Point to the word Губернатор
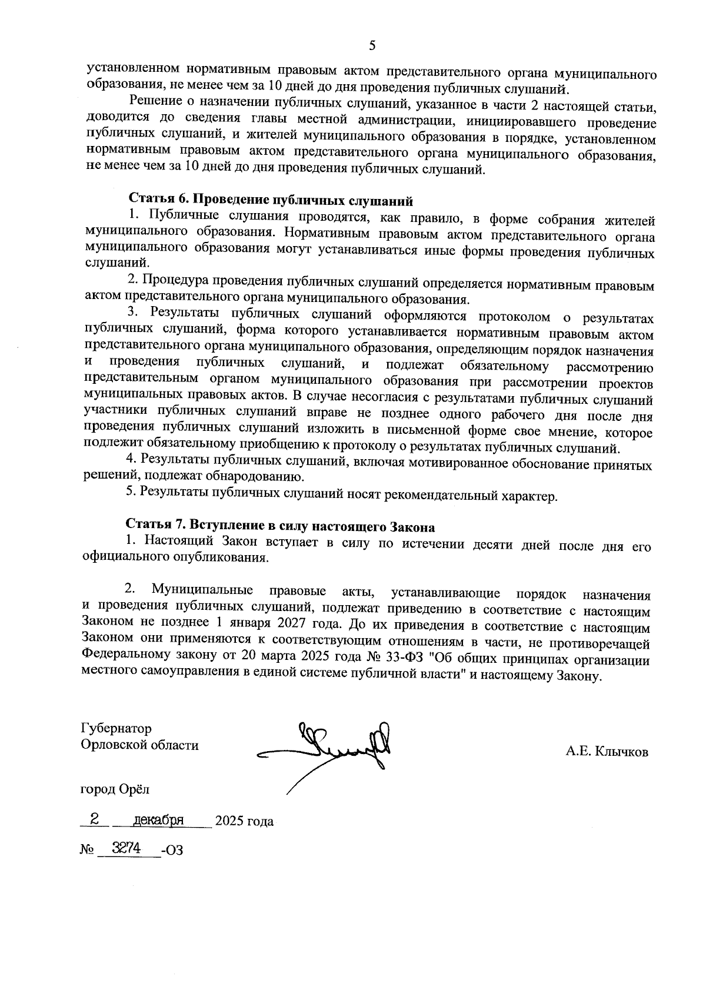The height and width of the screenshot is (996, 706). [x=116, y=728]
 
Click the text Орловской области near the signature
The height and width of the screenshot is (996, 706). [x=139, y=745]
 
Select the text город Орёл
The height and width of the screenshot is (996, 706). [x=115, y=788]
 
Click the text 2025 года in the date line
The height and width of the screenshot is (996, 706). [x=244, y=821]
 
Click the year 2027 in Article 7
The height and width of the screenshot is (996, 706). [x=304, y=622]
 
